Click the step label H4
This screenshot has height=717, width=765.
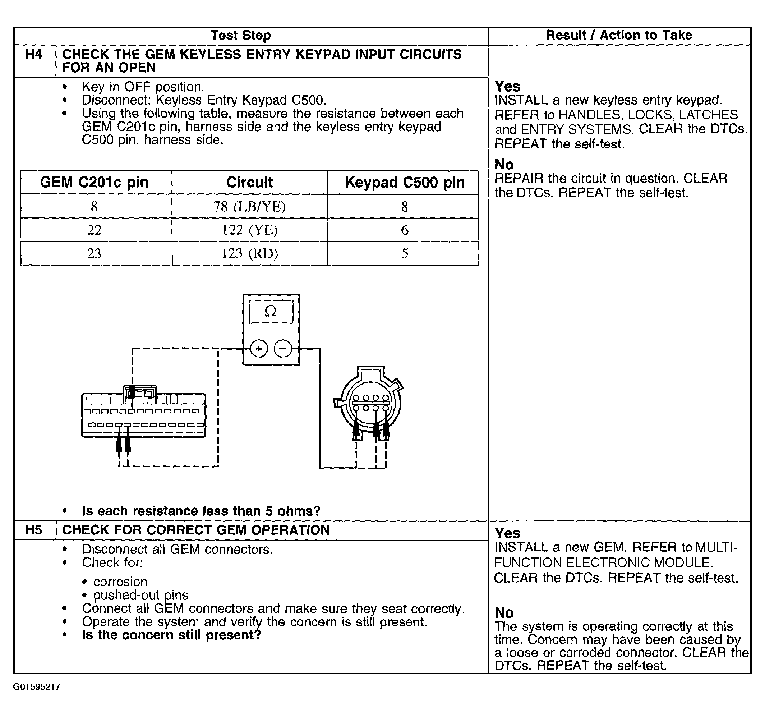tap(33, 54)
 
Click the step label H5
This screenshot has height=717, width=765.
tap(33, 530)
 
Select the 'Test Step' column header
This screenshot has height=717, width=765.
tap(240, 36)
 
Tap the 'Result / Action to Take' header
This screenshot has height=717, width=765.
tap(619, 36)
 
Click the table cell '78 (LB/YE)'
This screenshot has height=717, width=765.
tap(249, 207)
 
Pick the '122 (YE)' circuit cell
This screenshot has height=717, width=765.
tap(249, 230)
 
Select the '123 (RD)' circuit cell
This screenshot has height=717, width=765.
tap(249, 254)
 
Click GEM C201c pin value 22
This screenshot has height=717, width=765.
tap(94, 230)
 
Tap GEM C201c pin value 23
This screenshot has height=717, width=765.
tap(94, 254)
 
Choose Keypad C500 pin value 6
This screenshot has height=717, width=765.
tap(405, 230)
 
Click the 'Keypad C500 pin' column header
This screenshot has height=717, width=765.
tap(405, 183)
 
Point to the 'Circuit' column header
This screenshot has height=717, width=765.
tap(249, 183)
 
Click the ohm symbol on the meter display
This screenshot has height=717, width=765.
tap(271, 311)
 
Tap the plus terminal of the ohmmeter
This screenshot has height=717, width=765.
tap(259, 349)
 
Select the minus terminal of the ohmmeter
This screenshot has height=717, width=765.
tap(283, 349)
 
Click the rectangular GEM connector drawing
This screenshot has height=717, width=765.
tap(143, 416)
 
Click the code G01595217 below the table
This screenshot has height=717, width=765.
tap(37, 687)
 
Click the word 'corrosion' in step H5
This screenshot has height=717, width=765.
tap(120, 582)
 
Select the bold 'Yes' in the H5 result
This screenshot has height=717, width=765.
tap(507, 533)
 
